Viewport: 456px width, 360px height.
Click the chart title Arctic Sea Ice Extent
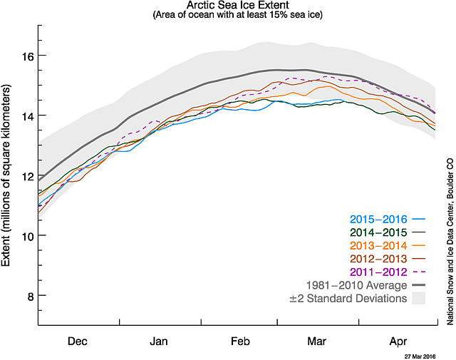point(237,5)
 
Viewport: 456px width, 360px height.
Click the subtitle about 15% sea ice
point(237,15)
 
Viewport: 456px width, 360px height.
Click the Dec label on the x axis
point(78,341)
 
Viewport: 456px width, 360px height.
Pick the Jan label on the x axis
point(160,341)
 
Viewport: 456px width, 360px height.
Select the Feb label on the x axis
point(239,341)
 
